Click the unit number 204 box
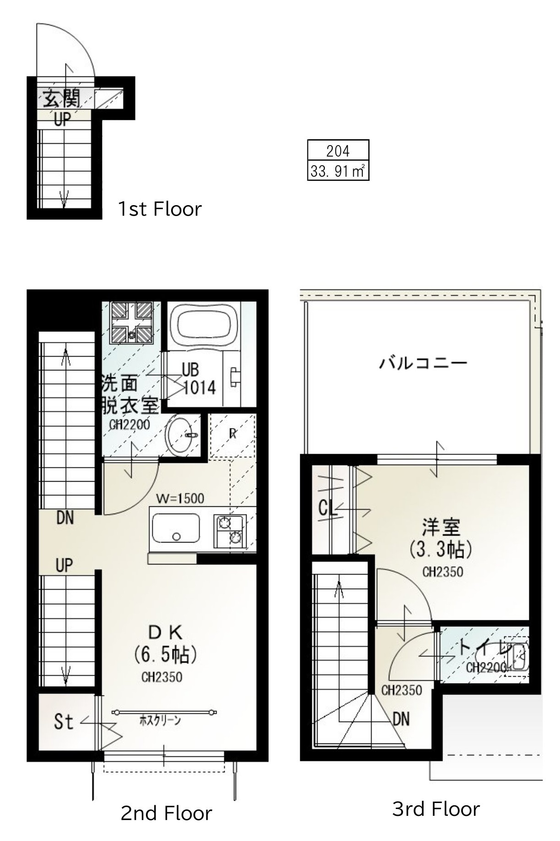point(338,151)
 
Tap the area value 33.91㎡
point(338,171)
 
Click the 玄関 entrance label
point(61,98)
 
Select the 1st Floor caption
point(160,209)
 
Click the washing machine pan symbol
point(132,322)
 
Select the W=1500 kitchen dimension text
point(180,498)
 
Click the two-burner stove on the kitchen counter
point(230,531)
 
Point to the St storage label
point(64,722)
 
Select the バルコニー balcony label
point(423,364)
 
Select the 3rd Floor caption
point(436,809)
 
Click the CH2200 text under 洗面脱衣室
point(129,425)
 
